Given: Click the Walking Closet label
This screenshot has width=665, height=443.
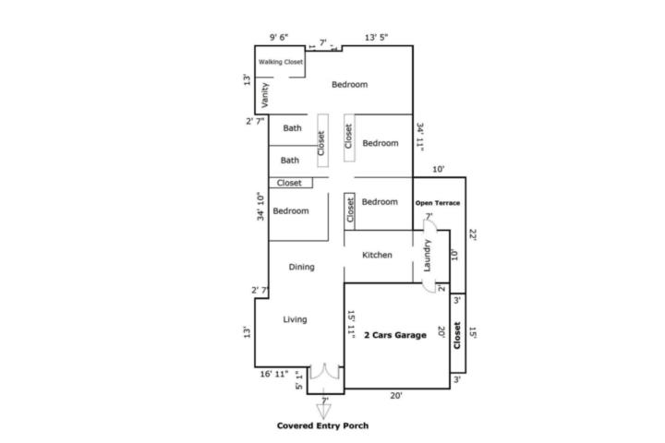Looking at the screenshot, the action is pyautogui.click(x=281, y=62).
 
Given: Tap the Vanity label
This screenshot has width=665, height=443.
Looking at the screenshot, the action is pyautogui.click(x=265, y=95).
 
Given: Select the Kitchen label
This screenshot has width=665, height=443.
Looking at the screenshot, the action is pyautogui.click(x=377, y=255).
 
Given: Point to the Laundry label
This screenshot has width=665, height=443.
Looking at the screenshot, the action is pyautogui.click(x=427, y=256).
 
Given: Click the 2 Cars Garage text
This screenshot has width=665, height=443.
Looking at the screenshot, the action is pyautogui.click(x=395, y=335).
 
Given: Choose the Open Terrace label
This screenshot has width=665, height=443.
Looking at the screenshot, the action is pyautogui.click(x=438, y=203).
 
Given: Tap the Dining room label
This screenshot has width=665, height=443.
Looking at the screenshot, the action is pyautogui.click(x=301, y=267).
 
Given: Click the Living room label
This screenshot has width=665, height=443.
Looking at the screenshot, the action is pyautogui.click(x=295, y=319).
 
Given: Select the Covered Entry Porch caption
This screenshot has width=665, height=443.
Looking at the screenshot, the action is pyautogui.click(x=322, y=425).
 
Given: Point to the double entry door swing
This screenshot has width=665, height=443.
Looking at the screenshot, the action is pyautogui.click(x=325, y=371).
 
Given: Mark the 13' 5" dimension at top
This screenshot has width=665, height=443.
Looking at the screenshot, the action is pyautogui.click(x=376, y=38).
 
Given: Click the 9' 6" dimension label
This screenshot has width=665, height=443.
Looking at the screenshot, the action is pyautogui.click(x=279, y=37).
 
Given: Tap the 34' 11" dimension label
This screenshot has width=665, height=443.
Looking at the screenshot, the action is pyautogui.click(x=420, y=137).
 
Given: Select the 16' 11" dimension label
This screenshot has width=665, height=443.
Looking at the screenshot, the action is pyautogui.click(x=274, y=374).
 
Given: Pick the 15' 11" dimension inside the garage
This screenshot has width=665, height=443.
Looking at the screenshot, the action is pyautogui.click(x=351, y=324).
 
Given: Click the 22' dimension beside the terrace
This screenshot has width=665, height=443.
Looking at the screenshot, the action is pyautogui.click(x=473, y=234).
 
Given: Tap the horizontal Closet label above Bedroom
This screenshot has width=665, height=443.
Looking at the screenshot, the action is pyautogui.click(x=289, y=183).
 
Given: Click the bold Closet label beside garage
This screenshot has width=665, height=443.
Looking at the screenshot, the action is pyautogui.click(x=457, y=335).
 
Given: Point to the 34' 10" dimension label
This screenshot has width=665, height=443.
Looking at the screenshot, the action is pyautogui.click(x=260, y=207).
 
